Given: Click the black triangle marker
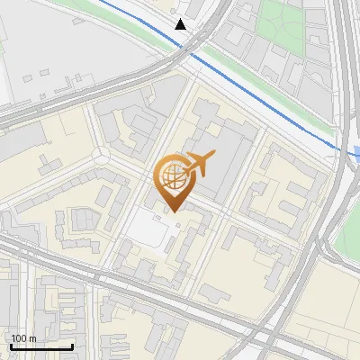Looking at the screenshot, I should point(181,23).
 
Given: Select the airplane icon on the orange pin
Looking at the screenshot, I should point(198,164).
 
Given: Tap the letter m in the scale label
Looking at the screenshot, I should point(32,338).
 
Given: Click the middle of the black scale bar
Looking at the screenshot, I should point(41,346).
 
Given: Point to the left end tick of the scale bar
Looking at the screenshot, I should point(11,346).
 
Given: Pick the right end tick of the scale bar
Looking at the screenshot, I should point(72,346).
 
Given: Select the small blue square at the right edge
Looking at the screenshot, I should point(356,153).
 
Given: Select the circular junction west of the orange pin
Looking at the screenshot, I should point(100,157).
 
